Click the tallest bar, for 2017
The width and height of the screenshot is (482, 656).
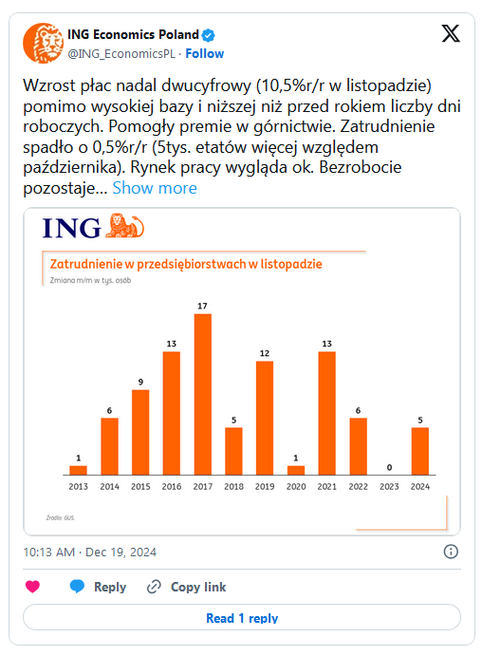203,394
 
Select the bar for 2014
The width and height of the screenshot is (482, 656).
109,446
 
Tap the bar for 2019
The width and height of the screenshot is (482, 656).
265,418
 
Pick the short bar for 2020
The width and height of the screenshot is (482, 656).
296,470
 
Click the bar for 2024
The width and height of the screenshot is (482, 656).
420,451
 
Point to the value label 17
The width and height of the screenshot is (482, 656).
202,306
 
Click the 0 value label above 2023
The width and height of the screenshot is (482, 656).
389,467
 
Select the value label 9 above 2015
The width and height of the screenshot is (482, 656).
140,382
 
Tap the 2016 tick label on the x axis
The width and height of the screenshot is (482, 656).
172,487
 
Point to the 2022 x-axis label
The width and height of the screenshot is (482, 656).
359,487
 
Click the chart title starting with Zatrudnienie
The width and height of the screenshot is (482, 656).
186,264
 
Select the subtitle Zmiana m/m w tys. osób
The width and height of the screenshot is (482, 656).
90,280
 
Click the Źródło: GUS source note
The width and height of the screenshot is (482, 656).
61,517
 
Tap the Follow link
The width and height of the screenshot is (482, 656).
205,53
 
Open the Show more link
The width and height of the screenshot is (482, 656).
155,188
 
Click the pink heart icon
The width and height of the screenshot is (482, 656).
32,587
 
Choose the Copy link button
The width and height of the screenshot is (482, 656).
187,587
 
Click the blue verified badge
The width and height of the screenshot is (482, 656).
208,35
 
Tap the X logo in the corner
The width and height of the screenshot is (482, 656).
451,33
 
